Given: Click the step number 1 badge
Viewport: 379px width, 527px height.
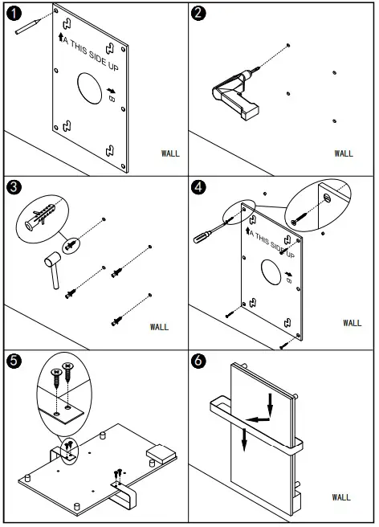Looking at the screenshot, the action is point(14,14).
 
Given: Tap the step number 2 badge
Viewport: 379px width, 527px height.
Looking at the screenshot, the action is point(198,13).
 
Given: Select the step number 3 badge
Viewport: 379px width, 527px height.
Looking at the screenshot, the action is point(14,187).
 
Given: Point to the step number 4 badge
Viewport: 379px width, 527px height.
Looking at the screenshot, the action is point(198,187).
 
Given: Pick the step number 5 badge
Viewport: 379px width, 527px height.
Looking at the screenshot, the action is point(14,361).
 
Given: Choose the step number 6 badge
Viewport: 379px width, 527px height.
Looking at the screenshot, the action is point(198,361).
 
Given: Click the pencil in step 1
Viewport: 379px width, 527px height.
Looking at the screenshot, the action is point(28,27).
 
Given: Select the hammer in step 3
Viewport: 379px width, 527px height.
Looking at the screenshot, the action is point(53,270).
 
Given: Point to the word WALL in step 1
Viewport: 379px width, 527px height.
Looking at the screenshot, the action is point(170,153).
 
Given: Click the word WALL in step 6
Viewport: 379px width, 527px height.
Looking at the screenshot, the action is point(341,497).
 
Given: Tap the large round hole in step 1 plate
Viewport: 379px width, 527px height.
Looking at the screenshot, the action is point(89,88).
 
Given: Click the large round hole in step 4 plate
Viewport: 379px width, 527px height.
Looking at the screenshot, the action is point(271,272).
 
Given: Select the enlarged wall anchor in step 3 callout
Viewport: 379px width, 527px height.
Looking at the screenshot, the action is point(39,217).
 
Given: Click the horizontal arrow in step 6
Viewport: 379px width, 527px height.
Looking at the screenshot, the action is point(258,419).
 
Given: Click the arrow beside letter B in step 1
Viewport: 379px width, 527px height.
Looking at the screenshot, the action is point(112,90).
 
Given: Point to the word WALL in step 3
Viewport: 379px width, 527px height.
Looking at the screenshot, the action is point(159,327).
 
